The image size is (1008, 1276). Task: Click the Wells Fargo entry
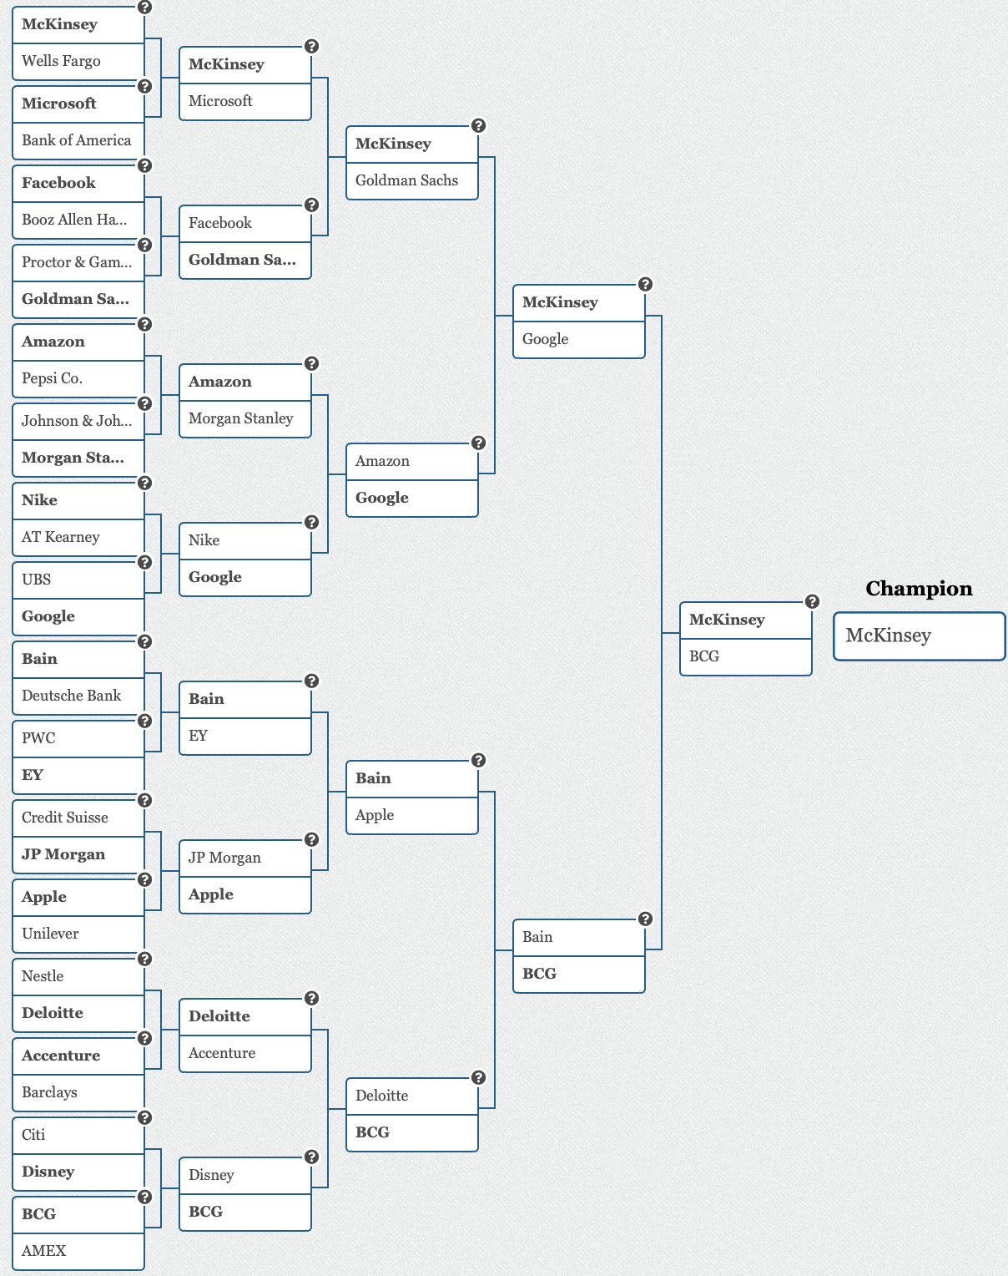tap(78, 61)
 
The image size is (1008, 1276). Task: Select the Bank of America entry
tap(78, 140)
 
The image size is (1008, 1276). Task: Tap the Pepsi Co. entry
tap(78, 378)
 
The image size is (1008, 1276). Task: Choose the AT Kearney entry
tap(78, 537)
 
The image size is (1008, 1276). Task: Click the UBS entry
tap(78, 580)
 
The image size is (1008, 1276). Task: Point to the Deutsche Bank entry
tap(78, 696)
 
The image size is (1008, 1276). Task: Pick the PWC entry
tap(78, 738)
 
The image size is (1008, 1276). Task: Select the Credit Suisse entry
tap(78, 818)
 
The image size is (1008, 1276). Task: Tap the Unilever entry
tap(78, 934)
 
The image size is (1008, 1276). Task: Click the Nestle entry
tap(78, 976)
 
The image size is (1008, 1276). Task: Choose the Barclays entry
tap(78, 1092)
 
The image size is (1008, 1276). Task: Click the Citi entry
tap(78, 1135)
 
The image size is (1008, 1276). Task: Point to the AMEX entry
tap(78, 1251)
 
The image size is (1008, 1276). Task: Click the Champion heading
tap(919, 589)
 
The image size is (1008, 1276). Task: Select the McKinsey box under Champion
tap(919, 635)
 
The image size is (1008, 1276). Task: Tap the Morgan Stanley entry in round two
tap(244, 418)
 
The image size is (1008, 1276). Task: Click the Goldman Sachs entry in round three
tap(411, 180)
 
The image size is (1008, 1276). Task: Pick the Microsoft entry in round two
tap(244, 101)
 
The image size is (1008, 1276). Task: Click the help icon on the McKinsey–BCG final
tap(812, 601)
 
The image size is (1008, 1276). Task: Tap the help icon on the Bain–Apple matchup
tap(478, 760)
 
